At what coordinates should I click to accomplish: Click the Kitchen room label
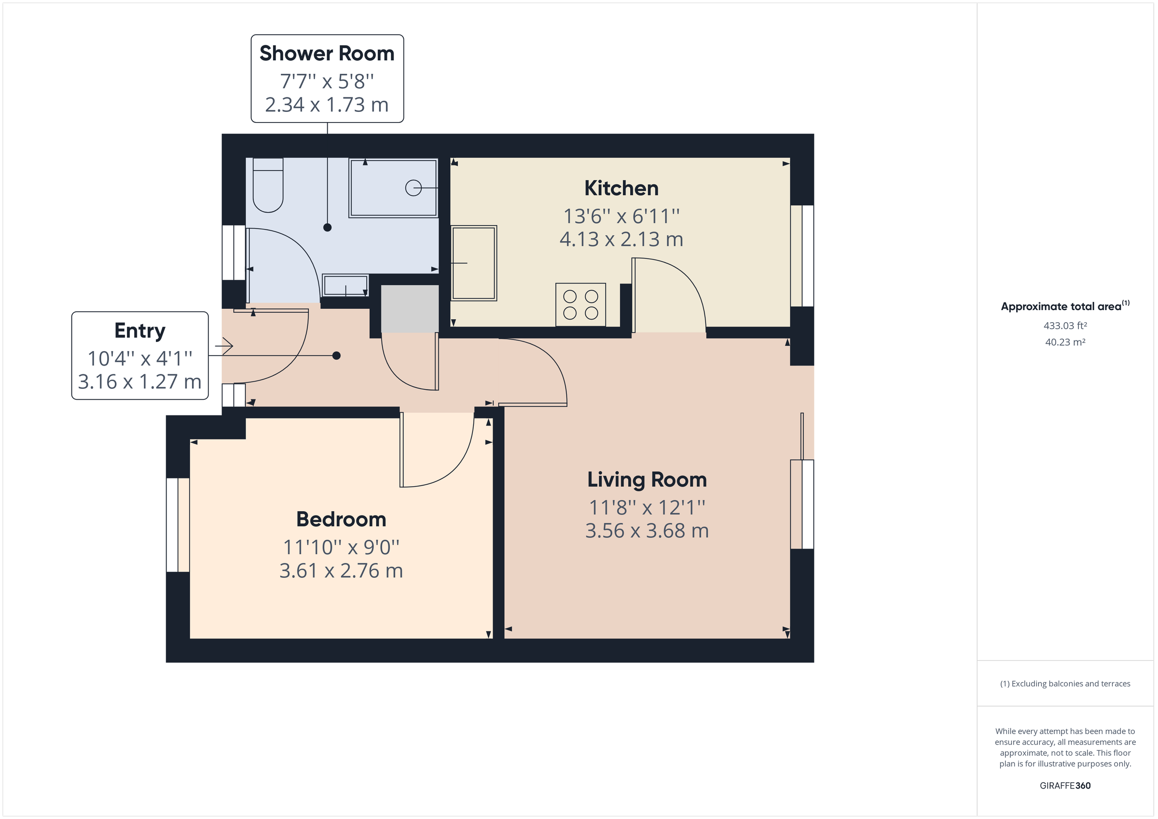(621, 189)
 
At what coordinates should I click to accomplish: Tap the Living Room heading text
(647, 479)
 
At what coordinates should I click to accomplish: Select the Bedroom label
(341, 519)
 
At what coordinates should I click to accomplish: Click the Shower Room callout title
(327, 54)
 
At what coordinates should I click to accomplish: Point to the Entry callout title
(140, 331)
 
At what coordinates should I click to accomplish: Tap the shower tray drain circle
(413, 188)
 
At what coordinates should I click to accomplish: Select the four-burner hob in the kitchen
(580, 305)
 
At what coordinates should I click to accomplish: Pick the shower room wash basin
(345, 286)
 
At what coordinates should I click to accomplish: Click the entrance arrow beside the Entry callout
(224, 346)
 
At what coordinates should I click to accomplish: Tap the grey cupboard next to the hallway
(409, 309)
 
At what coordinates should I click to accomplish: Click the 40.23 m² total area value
(1065, 342)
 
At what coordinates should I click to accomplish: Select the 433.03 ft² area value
(1065, 326)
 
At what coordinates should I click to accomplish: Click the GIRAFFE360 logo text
(1065, 786)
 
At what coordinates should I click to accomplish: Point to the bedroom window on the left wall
(178, 525)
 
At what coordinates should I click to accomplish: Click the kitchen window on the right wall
(802, 256)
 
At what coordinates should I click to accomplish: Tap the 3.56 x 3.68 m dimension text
(647, 531)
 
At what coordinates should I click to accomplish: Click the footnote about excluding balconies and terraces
(1065, 684)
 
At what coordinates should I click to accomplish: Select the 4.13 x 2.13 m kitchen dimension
(621, 240)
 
